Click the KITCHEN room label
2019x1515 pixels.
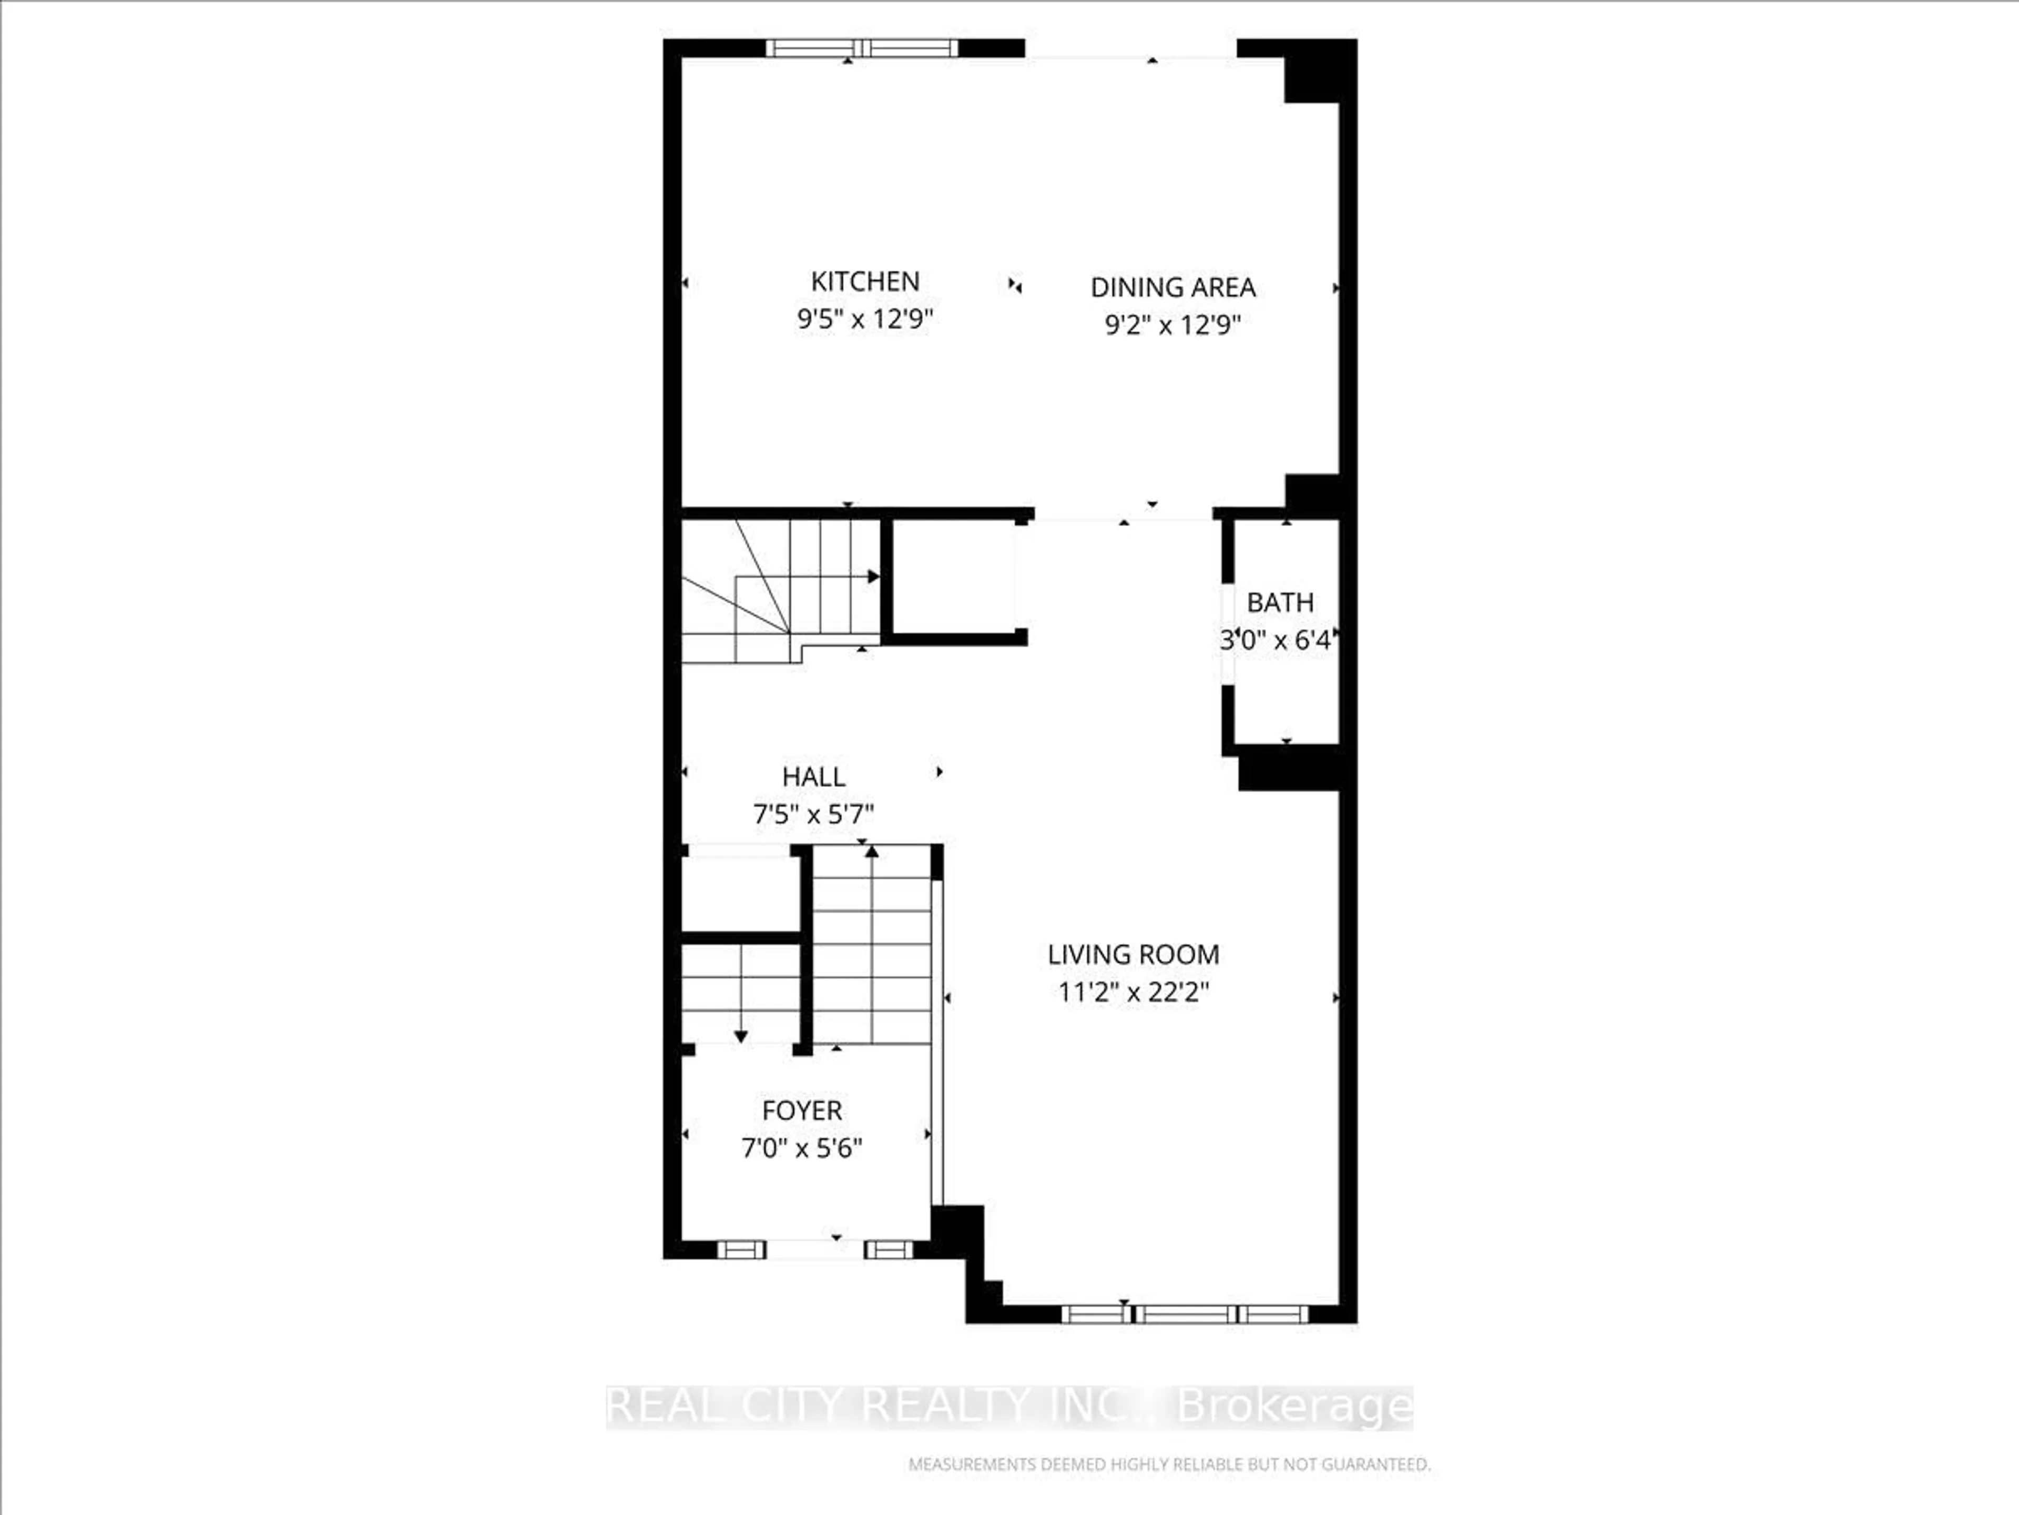pyautogui.click(x=864, y=281)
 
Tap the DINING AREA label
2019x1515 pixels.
pyautogui.click(x=1173, y=288)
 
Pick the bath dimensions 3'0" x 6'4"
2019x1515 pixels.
pyautogui.click(x=1276, y=640)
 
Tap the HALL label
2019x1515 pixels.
pyautogui.click(x=813, y=777)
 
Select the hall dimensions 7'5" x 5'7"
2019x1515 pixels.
pyautogui.click(x=813, y=814)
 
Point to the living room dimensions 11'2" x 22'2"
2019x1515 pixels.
pyautogui.click(x=1133, y=992)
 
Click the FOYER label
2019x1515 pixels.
pyautogui.click(x=801, y=1110)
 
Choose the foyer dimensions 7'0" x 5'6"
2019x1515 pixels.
pyautogui.click(x=801, y=1148)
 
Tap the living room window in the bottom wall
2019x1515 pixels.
pyautogui.click(x=1185, y=1314)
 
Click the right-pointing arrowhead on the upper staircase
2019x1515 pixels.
pyautogui.click(x=873, y=576)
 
